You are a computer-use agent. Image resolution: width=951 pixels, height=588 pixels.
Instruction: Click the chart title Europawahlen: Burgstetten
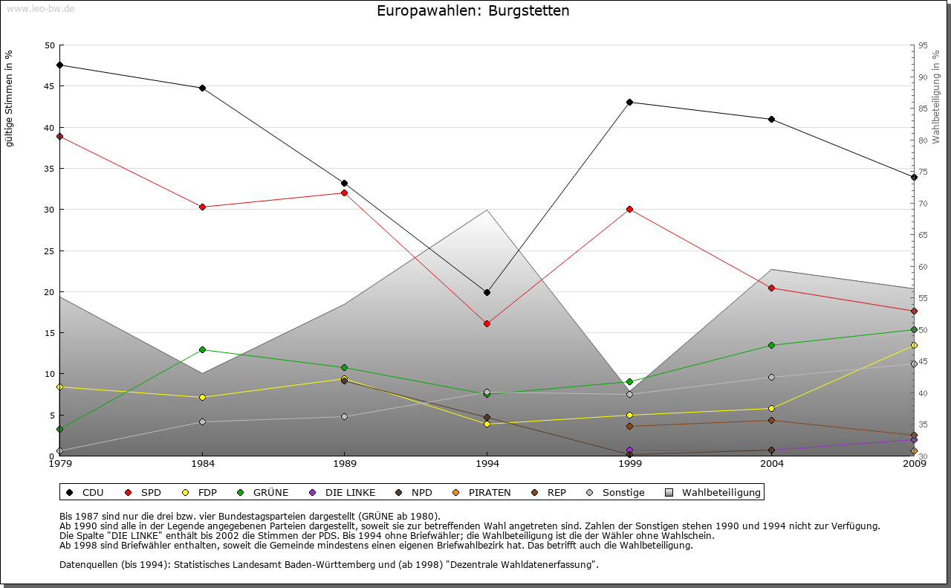point(473,11)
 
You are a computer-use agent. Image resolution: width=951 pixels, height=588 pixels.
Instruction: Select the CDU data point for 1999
point(629,102)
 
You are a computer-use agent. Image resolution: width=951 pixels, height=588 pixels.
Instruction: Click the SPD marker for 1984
point(202,207)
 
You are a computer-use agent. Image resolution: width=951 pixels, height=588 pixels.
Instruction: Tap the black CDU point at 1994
point(487,292)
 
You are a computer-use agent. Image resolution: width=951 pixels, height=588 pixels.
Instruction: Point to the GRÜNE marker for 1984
point(202,349)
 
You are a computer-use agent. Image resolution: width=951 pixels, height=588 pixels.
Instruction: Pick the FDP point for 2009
point(914,345)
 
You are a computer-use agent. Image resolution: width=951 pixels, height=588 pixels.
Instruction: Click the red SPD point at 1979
point(59,136)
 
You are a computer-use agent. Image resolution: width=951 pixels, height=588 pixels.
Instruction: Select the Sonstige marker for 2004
point(772,377)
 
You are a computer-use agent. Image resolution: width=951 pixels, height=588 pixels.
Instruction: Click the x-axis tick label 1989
point(345,465)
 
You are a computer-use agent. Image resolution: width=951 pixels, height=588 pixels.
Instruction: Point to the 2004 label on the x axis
point(772,465)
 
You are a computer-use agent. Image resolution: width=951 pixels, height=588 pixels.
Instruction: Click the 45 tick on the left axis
point(50,86)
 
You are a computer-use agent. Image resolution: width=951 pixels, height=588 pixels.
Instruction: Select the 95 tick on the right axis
point(922,45)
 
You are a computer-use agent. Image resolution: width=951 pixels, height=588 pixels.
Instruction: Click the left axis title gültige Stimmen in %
point(9,98)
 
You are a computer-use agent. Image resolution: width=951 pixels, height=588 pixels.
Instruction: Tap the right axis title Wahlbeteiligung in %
point(936,97)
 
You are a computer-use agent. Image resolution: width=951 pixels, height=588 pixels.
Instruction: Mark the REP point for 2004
point(772,421)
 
